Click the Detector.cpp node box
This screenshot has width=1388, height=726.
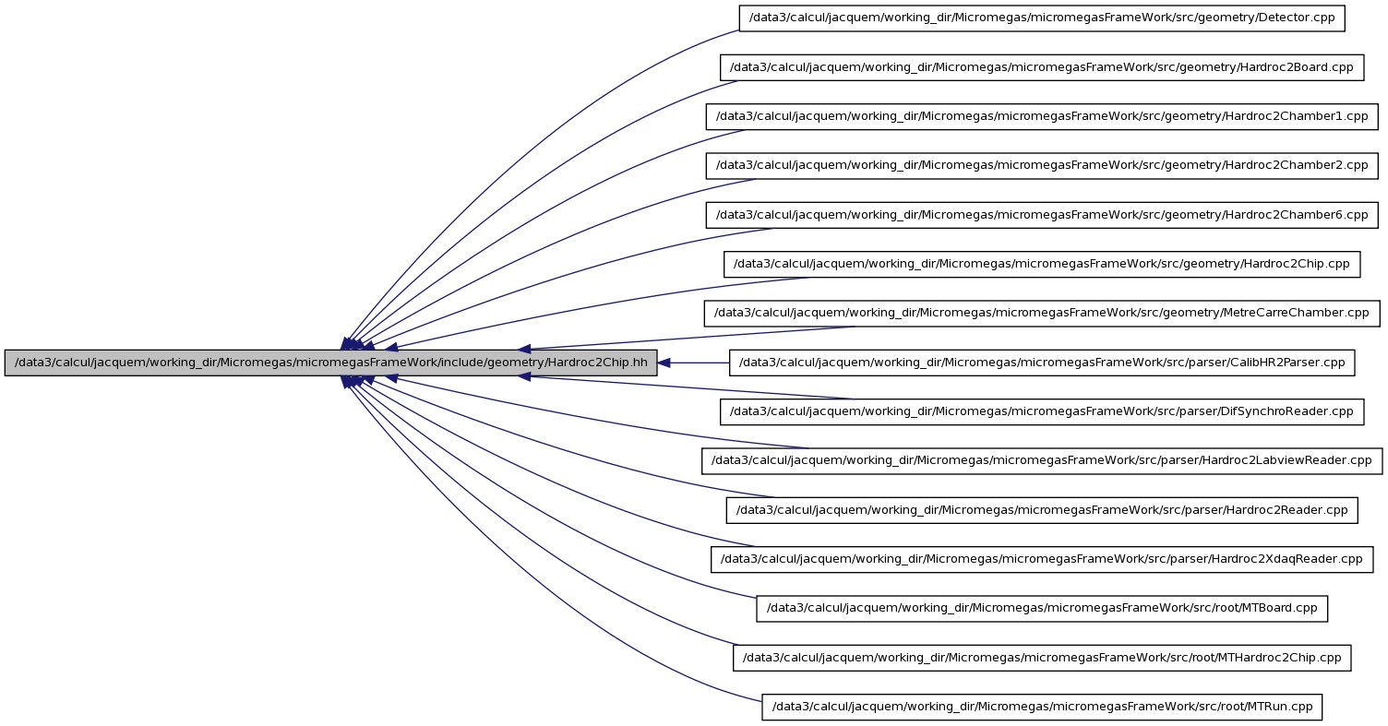(x=1042, y=18)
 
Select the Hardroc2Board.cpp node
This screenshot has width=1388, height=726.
(x=1042, y=67)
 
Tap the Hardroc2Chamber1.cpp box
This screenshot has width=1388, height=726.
(x=1042, y=116)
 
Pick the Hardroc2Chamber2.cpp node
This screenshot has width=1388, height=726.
(x=1042, y=165)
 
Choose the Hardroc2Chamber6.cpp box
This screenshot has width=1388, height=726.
(x=1042, y=215)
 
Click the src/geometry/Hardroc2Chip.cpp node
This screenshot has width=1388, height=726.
(x=1042, y=264)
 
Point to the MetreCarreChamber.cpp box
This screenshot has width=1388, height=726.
(x=1042, y=314)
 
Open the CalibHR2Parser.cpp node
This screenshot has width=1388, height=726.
(x=1042, y=363)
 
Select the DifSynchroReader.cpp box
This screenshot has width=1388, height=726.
(x=1042, y=412)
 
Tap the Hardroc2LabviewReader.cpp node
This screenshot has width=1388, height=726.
(x=1042, y=461)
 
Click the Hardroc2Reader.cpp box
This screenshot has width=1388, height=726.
(x=1042, y=510)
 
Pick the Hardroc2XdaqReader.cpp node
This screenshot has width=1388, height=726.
(x=1042, y=559)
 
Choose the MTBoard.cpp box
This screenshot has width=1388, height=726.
(x=1042, y=609)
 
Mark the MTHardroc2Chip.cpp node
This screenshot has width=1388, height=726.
(x=1042, y=658)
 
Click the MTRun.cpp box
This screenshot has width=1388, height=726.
(x=1042, y=708)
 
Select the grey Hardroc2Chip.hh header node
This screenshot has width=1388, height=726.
(x=331, y=363)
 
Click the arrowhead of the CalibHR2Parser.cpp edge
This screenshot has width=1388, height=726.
(x=664, y=363)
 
